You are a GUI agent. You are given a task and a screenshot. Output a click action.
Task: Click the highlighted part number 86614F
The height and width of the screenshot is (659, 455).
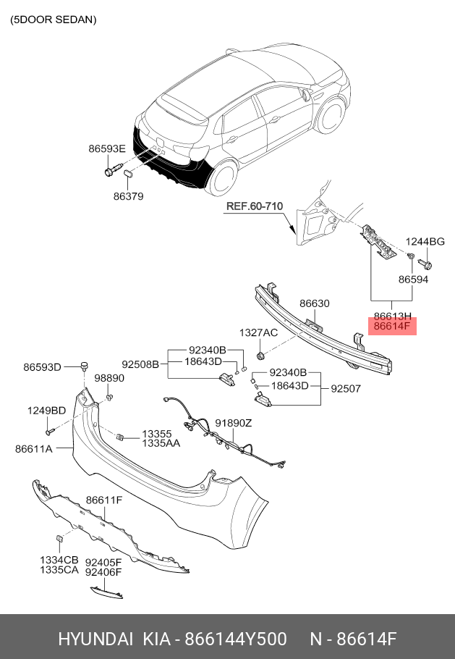pos(392,327)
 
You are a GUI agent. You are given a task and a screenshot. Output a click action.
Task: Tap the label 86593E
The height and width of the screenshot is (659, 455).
pos(107,148)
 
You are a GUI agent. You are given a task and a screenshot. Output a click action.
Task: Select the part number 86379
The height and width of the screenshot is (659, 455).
pos(128,196)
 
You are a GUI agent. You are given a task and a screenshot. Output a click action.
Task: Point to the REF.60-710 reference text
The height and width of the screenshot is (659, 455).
pos(254,206)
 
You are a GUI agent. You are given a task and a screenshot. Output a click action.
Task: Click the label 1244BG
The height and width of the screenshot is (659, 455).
pos(425,241)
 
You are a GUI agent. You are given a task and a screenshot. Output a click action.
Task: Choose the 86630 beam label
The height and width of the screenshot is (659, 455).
pos(315,303)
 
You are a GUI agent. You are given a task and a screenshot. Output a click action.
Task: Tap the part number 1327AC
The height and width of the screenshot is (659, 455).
pos(258,332)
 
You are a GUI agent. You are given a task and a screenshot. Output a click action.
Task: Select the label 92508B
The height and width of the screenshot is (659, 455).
pos(140,364)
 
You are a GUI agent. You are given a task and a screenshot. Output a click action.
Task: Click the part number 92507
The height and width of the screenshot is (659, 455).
pos(346,388)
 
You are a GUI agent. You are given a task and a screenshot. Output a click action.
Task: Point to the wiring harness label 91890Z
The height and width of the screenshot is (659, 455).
pos(233,423)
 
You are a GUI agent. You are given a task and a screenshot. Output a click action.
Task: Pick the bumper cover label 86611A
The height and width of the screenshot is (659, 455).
pos(33,449)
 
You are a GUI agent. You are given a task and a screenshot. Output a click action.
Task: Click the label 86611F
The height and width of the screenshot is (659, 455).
pos(104,500)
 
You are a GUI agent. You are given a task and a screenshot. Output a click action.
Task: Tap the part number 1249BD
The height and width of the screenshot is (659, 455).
pos(47,411)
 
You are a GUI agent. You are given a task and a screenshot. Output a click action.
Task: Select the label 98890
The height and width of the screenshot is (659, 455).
pos(109,378)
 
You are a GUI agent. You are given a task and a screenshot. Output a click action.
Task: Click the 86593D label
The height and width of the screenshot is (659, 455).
pos(42,366)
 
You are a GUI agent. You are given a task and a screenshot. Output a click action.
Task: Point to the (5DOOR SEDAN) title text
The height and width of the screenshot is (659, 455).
pos(54,20)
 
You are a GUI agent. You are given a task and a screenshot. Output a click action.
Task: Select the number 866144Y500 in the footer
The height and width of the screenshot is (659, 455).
pos(237,639)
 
